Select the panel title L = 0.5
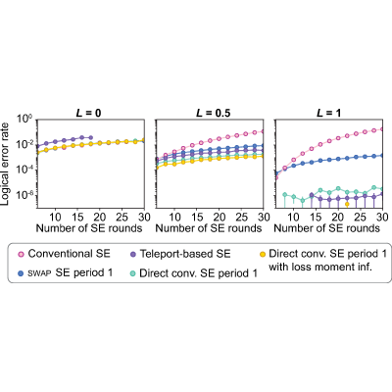click(x=213, y=113)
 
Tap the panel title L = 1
click(x=328, y=113)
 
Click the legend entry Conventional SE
click(x=65, y=254)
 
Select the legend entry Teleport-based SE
click(x=181, y=254)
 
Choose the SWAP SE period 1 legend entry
click(x=66, y=273)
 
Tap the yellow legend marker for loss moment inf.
click(x=263, y=254)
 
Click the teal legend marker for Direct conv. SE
click(x=133, y=273)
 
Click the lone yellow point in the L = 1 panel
click(x=347, y=204)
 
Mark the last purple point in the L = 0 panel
click(x=91, y=137)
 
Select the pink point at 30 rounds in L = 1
click(x=382, y=129)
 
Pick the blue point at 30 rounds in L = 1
click(x=382, y=156)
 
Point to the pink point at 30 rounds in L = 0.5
click(x=262, y=131)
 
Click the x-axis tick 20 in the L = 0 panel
click(x=100, y=217)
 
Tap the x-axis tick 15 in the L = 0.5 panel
click(x=197, y=217)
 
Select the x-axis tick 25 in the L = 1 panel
click(x=361, y=217)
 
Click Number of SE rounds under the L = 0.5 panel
click(x=209, y=228)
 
